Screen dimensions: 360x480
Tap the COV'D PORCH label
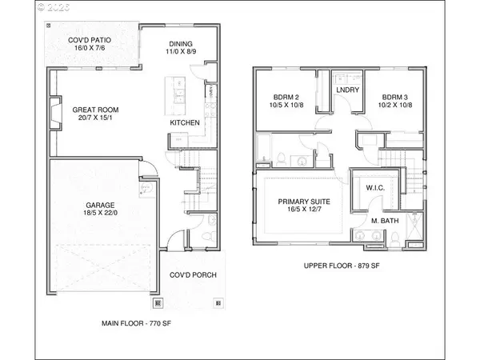click(x=192, y=276)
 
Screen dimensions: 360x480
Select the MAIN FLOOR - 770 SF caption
click(x=140, y=324)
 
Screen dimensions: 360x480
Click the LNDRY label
click(x=346, y=90)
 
